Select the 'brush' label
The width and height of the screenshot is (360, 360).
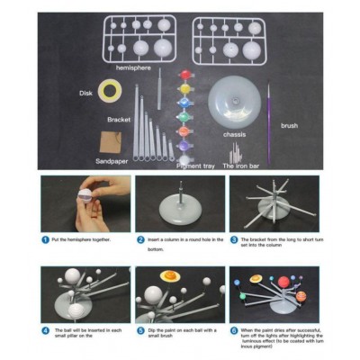pyautogui.click(x=289, y=126)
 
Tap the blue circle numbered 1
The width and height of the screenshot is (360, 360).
pyautogui.click(x=45, y=240)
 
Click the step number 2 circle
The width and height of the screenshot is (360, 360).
pyautogui.click(x=140, y=240)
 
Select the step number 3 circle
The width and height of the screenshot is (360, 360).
pyautogui.click(x=234, y=240)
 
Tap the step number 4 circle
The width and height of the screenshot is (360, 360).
pyautogui.click(x=45, y=330)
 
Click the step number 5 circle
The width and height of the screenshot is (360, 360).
pyautogui.click(x=140, y=330)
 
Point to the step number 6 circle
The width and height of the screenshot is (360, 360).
pyautogui.click(x=234, y=330)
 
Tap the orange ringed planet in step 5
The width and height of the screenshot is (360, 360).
pyautogui.click(x=167, y=277)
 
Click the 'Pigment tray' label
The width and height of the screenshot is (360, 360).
pyautogui.click(x=195, y=166)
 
